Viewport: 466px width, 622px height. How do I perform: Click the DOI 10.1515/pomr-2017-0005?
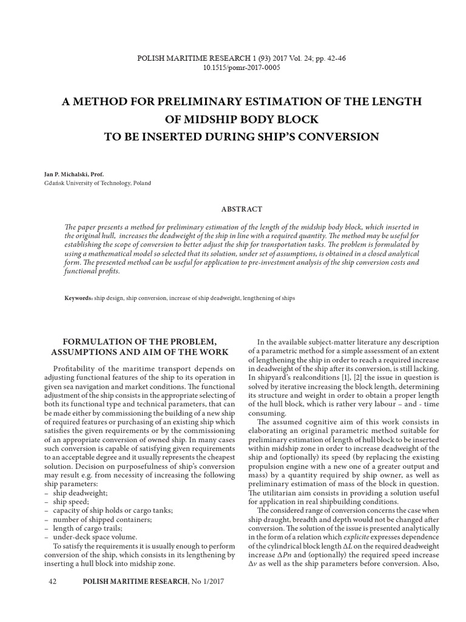tap(234, 67)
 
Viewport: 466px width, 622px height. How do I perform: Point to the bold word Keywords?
tap(78, 299)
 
